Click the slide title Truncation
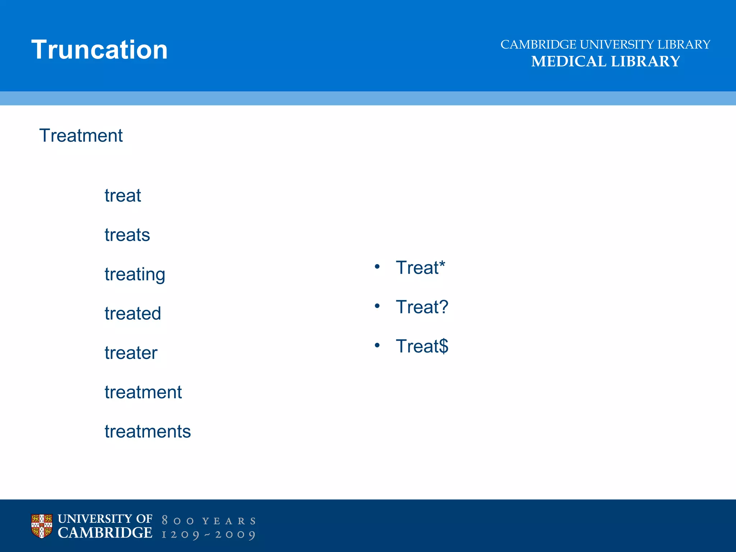[100, 50]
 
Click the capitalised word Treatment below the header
[81, 136]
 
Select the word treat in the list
[123, 196]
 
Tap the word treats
[127, 235]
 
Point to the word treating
[135, 275]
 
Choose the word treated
[133, 314]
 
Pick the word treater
[131, 353]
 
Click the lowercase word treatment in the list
[143, 392]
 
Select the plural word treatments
[147, 432]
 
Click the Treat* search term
[420, 268]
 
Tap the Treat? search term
[422, 307]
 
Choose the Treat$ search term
[422, 346]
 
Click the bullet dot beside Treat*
[377, 267]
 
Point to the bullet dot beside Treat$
[377, 345]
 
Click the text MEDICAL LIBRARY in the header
[606, 61]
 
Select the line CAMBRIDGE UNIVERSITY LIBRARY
[606, 45]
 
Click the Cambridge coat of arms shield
[42, 526]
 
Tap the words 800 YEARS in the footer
[209, 521]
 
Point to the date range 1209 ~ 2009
[209, 534]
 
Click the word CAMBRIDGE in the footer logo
[105, 533]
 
